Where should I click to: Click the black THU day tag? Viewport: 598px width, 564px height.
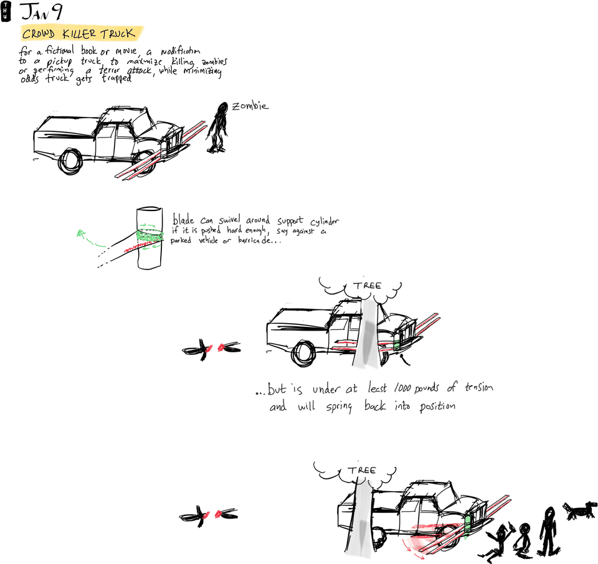(6, 11)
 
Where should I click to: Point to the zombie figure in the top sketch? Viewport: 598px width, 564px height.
(219, 127)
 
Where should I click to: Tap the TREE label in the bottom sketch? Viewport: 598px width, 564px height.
(362, 470)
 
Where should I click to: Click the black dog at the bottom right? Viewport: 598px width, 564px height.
(578, 510)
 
